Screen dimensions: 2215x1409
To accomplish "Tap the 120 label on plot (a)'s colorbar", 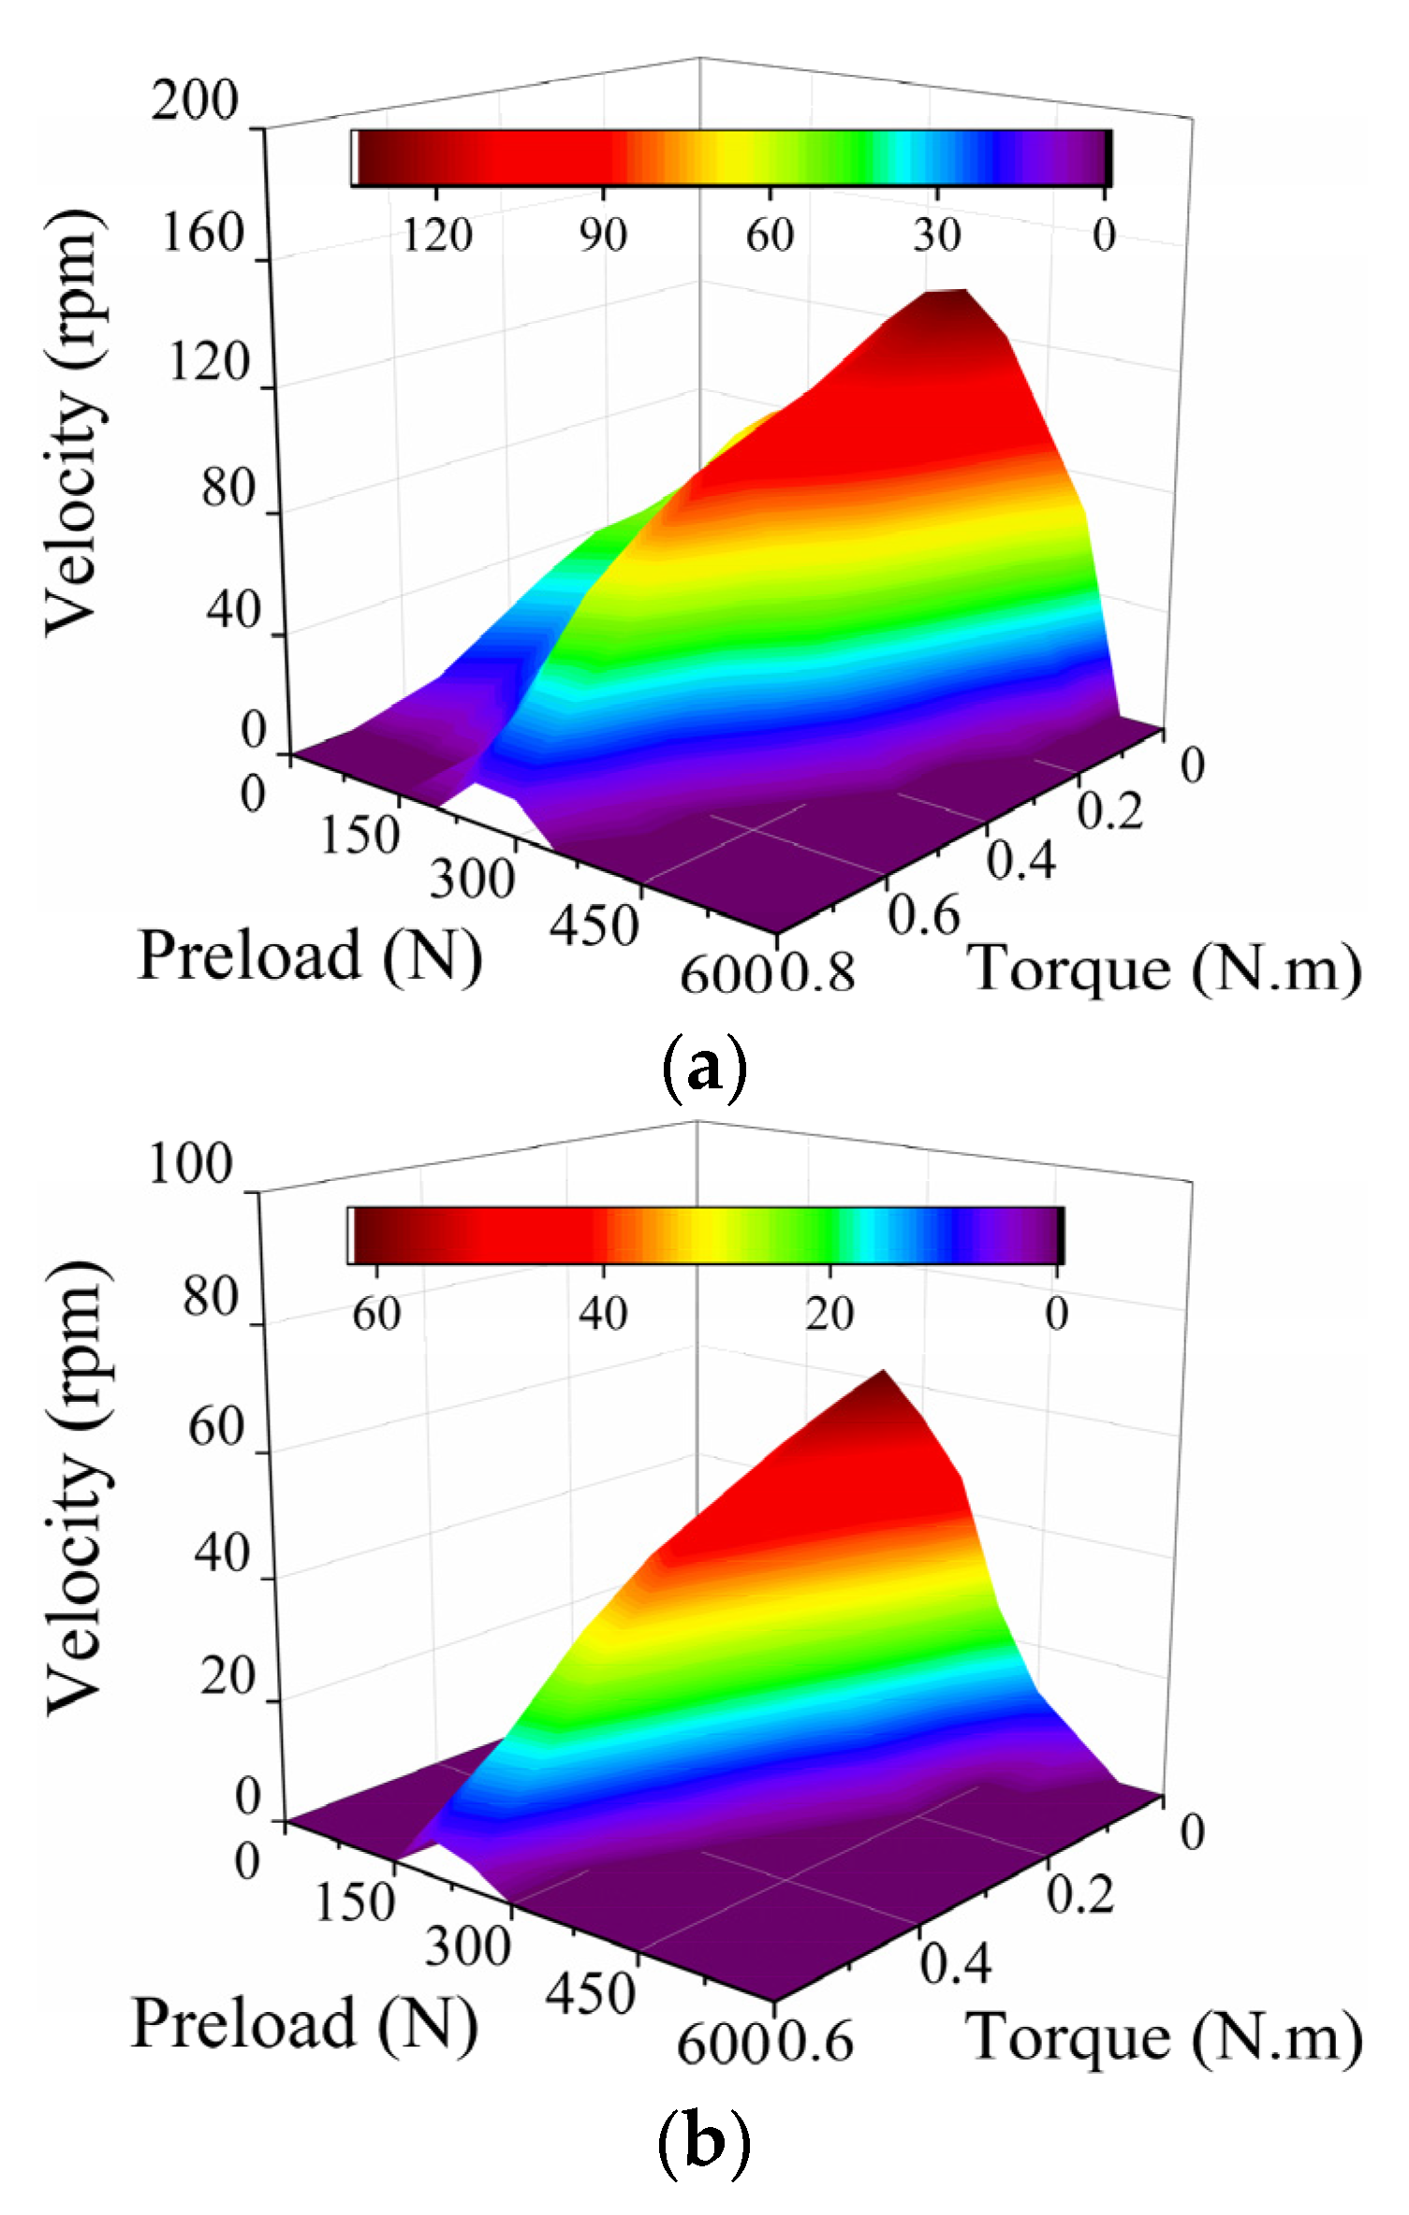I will point(437,234).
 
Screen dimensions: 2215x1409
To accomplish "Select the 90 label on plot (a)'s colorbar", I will point(602,234).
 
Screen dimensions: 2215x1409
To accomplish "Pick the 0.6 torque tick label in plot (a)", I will point(924,915).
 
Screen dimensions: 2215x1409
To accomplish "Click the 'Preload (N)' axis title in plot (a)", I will point(310,956).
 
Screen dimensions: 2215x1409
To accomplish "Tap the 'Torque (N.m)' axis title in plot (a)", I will point(1164,968).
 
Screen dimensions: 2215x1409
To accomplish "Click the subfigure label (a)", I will point(704,1069).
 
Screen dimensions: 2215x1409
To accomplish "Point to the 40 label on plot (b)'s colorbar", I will point(602,1314).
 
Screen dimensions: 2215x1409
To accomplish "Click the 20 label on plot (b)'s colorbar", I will point(829,1314).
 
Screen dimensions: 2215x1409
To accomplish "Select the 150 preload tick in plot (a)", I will point(360,834).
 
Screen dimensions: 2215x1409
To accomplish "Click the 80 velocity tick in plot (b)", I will point(211,1298).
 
